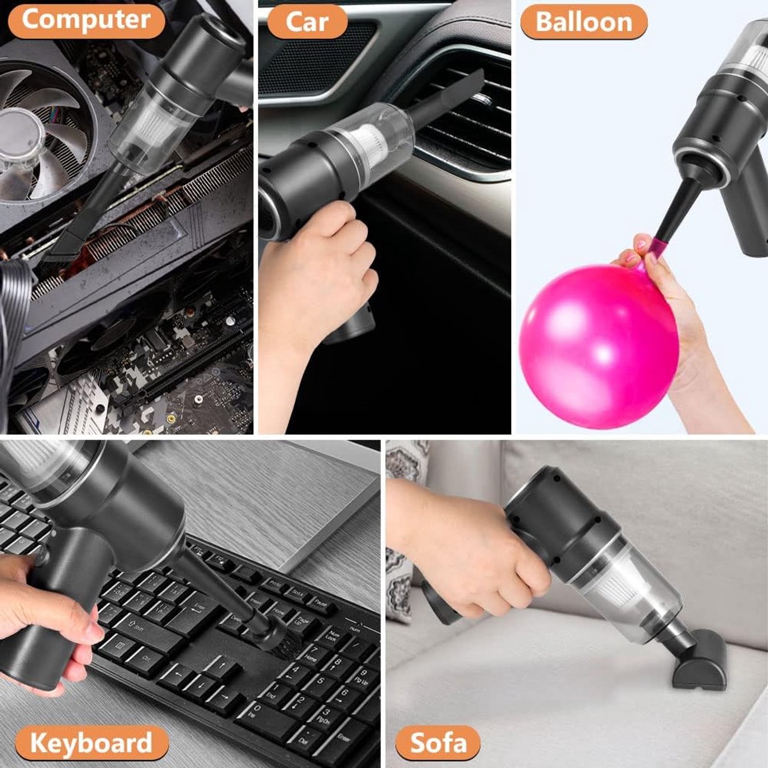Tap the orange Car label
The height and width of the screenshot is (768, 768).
(x=307, y=22)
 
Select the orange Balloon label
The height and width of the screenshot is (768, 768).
(x=584, y=22)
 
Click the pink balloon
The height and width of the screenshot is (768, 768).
(x=598, y=346)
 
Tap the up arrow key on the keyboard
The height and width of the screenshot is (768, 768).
(x=222, y=666)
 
